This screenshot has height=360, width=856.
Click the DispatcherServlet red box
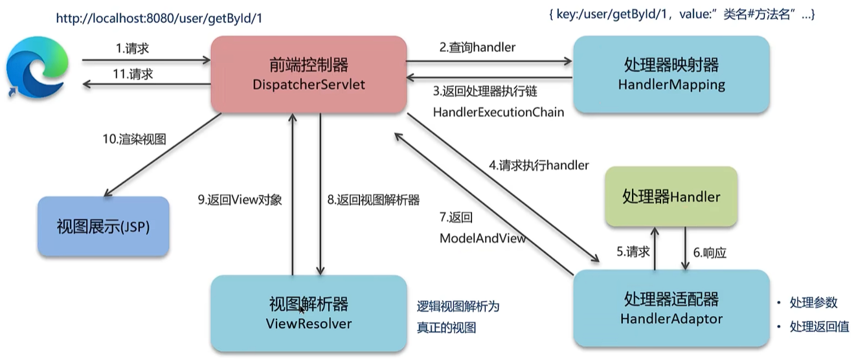309,74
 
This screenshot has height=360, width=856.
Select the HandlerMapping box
671,74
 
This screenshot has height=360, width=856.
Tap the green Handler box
671,196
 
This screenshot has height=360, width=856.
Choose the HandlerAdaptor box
671,308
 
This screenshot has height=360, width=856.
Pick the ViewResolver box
309,313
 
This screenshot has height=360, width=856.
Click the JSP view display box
104,227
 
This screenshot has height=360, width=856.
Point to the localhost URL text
159,18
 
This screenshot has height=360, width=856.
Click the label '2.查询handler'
478,47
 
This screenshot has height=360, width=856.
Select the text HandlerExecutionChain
498,112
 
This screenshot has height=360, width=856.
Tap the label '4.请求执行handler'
539,165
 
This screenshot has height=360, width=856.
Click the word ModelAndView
482,238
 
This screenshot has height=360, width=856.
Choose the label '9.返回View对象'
240,200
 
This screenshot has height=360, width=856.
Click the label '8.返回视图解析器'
373,200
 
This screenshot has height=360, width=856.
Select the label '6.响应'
710,253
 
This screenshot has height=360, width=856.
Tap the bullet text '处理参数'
813,302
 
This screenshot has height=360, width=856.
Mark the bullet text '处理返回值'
818,327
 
